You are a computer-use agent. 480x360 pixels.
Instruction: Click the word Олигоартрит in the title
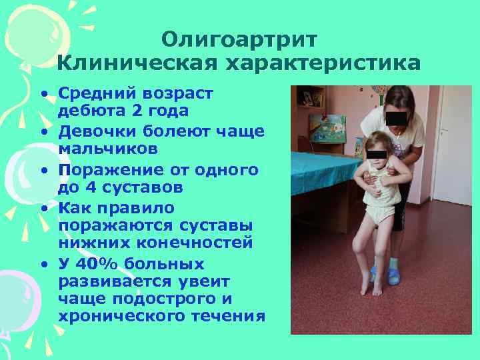tap(239, 40)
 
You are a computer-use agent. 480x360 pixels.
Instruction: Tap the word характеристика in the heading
tap(324, 63)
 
